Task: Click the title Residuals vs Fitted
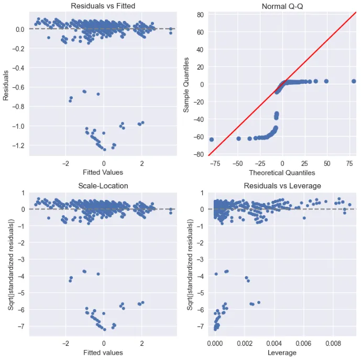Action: point(103,6)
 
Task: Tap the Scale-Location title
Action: point(103,186)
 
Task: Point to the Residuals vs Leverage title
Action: point(283,186)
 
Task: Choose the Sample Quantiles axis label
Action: point(186,84)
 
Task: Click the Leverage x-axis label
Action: point(283,352)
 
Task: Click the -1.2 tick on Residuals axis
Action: point(18,145)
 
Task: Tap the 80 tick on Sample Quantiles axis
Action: point(200,15)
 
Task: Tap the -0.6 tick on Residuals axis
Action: point(18,87)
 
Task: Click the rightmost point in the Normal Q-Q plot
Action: point(354,81)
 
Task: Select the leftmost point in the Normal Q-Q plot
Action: point(212,139)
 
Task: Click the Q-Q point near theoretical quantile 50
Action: point(326,81)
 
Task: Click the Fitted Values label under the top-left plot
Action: point(103,172)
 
